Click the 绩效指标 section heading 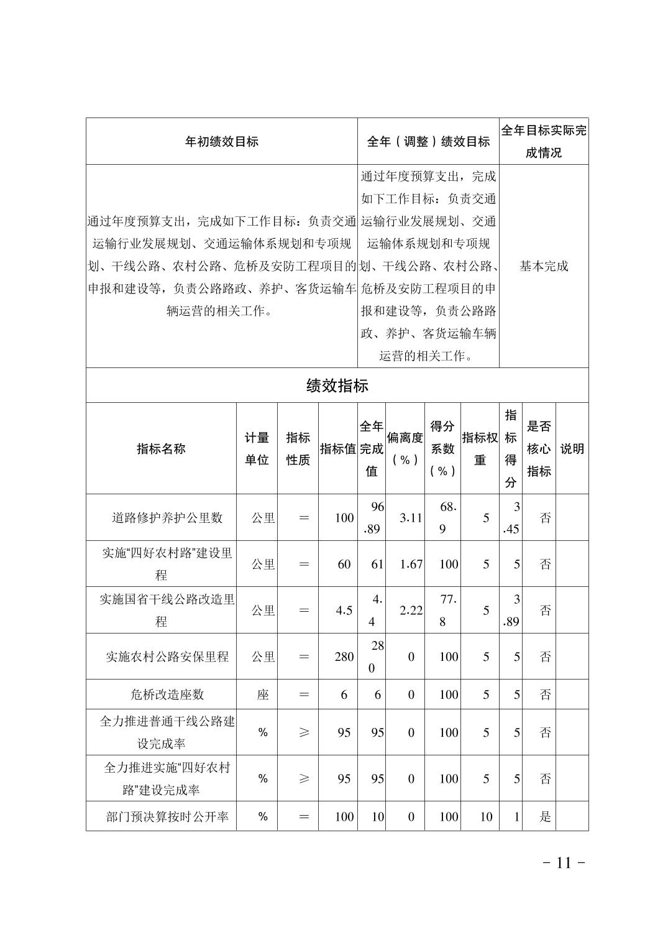pos(337,385)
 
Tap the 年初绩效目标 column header pos(221,141)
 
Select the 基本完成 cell pos(544,266)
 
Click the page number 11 pos(564,862)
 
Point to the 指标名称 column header pos(161,449)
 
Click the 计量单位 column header pos(257,449)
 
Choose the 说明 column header pos(572,449)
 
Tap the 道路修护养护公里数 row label pos(167,518)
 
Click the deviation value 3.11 pos(411,518)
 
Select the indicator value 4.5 pos(344,611)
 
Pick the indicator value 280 pos(344,657)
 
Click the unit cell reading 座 pos(263,694)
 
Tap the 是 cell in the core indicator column pos(545,817)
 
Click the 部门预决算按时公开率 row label pos(167,817)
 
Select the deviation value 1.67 pos(411,565)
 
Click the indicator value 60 pos(344,565)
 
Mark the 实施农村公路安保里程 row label pos(167,657)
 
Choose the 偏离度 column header pos(405,449)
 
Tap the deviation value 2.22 pos(411,611)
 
